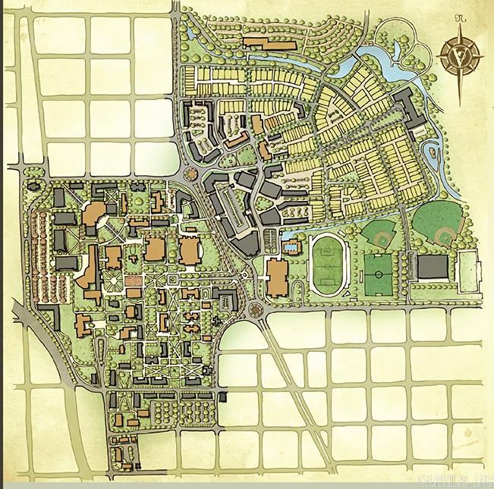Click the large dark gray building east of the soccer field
[x=433, y=268]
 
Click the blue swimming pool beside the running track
[x=290, y=246]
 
